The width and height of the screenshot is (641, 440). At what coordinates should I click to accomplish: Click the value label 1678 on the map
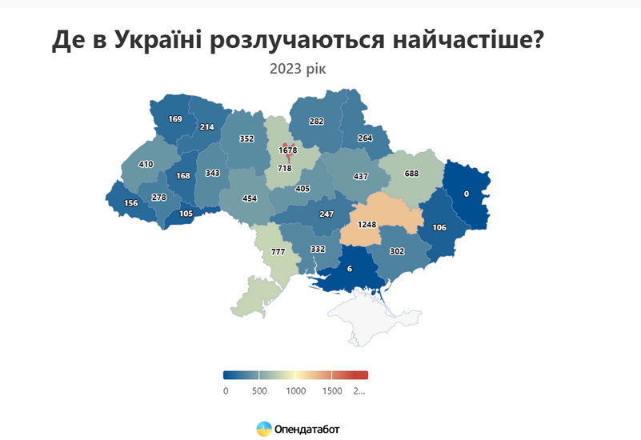288,150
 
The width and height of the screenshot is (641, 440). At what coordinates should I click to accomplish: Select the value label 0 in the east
467,194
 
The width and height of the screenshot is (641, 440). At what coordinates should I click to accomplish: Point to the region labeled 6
349,269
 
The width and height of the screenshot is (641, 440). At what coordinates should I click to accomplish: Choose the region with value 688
411,174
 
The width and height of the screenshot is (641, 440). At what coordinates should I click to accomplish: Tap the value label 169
175,119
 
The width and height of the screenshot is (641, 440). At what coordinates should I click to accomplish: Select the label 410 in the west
146,165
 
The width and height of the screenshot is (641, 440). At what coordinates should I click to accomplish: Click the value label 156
130,203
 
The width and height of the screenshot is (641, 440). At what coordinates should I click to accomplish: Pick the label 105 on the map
186,213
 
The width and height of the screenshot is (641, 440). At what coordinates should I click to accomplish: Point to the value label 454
250,198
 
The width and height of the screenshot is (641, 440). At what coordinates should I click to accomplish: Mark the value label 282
317,122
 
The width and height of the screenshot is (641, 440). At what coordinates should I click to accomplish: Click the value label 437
361,176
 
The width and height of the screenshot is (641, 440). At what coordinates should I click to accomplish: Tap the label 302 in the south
395,250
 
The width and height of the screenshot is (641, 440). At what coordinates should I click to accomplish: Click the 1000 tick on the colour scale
295,390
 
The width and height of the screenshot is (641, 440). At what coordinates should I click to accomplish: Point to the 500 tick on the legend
259,390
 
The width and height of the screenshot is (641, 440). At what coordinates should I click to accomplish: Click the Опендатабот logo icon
263,429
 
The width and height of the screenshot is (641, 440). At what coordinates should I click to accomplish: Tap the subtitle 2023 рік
298,70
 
